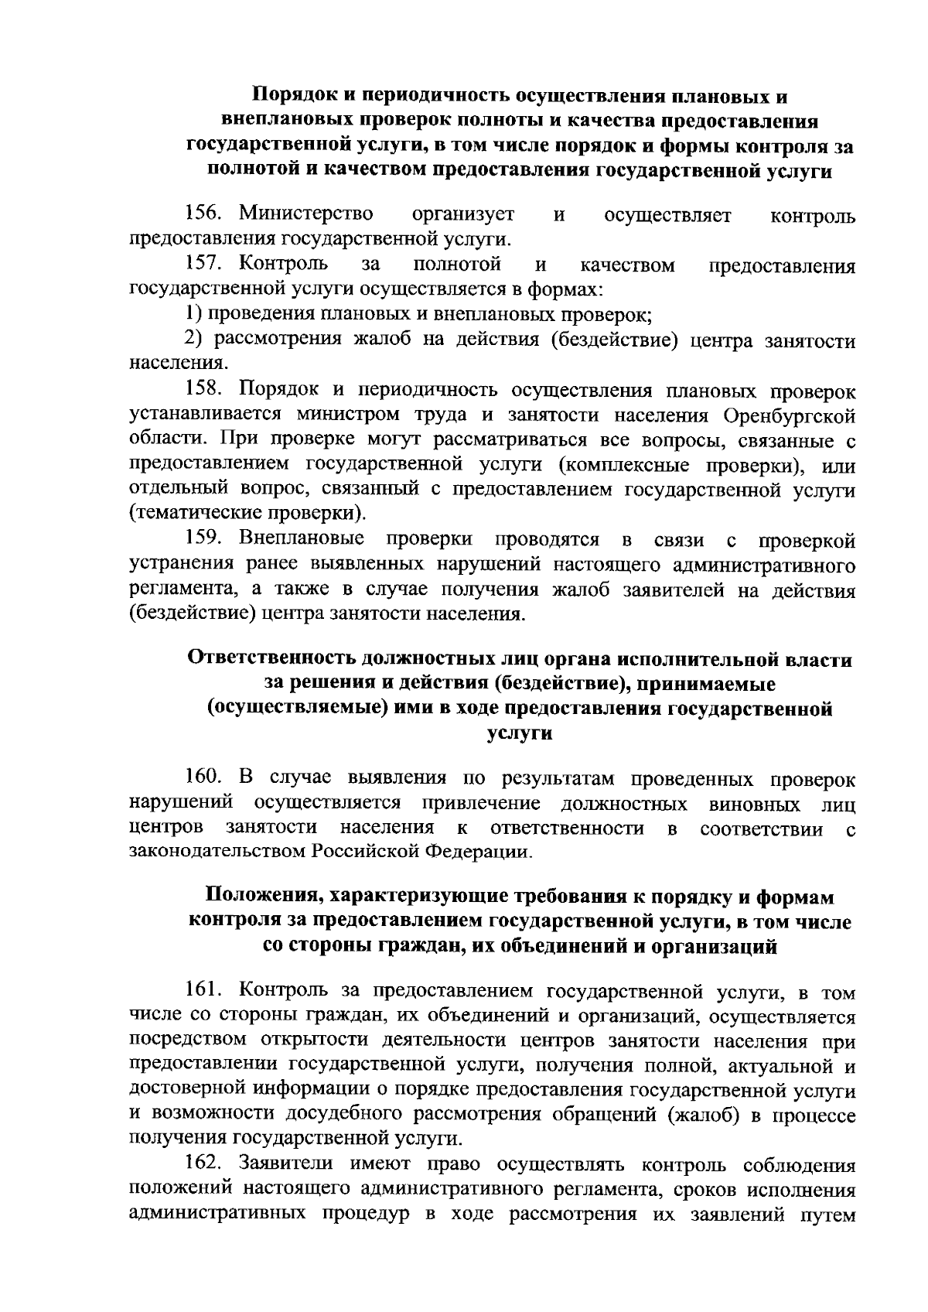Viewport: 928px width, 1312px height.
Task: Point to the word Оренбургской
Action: (790, 415)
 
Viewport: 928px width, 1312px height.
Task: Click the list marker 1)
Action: (194, 315)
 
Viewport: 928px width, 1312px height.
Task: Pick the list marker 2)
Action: (194, 340)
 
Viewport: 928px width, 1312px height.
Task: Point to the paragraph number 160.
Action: (205, 777)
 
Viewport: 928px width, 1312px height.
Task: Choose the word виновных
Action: (755, 804)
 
